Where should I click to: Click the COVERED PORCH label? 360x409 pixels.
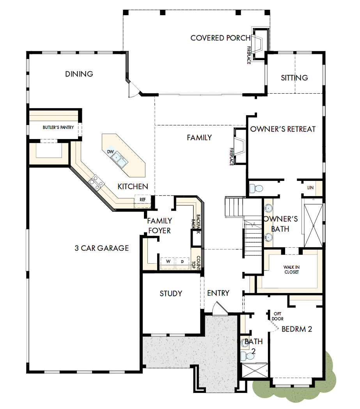click(220, 38)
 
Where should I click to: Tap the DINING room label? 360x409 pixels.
click(79, 74)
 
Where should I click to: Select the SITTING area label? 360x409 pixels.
click(294, 78)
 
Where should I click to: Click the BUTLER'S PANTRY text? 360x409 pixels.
click(58, 127)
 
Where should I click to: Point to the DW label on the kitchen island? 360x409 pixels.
click(111, 151)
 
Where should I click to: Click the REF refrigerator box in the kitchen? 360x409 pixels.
click(142, 199)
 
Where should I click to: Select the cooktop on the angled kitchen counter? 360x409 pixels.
click(96, 182)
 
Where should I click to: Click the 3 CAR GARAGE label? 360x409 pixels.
click(102, 248)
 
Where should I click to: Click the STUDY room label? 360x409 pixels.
click(171, 293)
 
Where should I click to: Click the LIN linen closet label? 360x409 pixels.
click(310, 188)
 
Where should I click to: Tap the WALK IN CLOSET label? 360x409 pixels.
click(292, 270)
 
